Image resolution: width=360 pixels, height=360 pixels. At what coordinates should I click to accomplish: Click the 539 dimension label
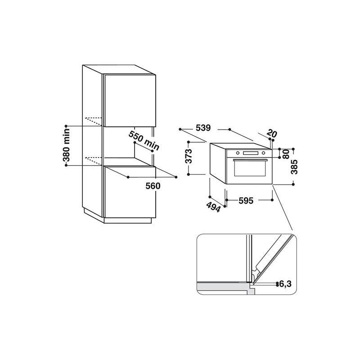[x=203, y=128]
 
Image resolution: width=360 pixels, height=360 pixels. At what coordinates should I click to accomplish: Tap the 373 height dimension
[x=189, y=156]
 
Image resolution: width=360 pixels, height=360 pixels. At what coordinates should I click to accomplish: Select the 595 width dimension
[x=246, y=201]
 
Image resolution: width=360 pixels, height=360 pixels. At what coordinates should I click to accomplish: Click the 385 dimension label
[x=294, y=167]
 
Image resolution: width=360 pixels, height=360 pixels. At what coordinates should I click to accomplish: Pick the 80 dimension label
[x=286, y=154]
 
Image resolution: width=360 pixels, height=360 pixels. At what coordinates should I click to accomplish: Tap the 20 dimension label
[x=272, y=134]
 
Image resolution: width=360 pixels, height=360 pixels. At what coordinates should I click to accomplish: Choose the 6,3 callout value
[x=285, y=284]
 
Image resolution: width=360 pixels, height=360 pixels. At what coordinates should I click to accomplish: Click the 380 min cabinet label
[x=66, y=145]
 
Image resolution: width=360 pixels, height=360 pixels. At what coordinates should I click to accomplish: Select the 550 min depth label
[x=144, y=140]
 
